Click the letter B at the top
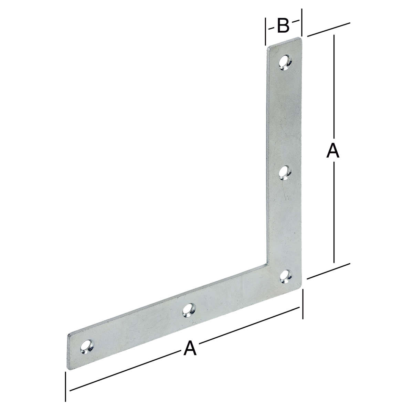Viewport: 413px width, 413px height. pyautogui.click(x=283, y=26)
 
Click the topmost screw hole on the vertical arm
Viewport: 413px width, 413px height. pyautogui.click(x=285, y=63)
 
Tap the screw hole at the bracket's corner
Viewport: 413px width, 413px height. pyautogui.click(x=286, y=276)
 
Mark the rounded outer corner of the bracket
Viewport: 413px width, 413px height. pyautogui.click(x=300, y=287)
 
